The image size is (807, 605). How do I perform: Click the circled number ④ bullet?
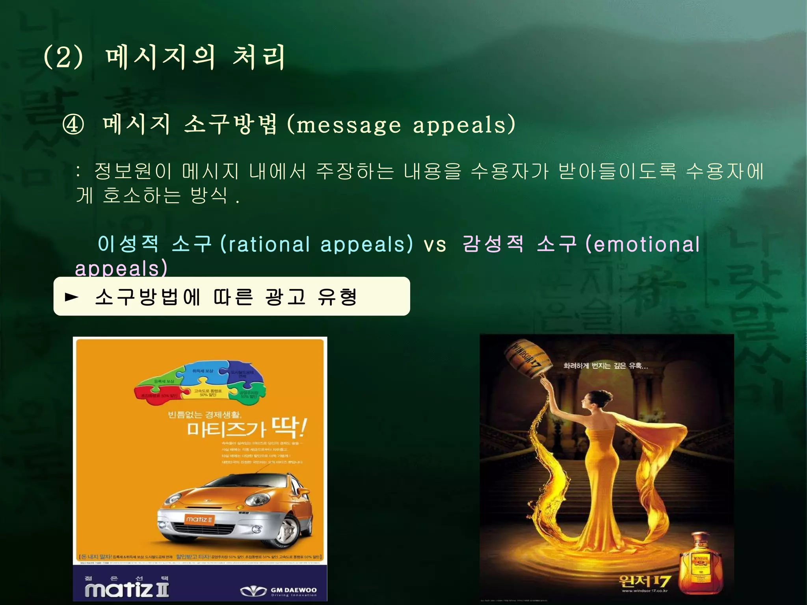click(x=73, y=125)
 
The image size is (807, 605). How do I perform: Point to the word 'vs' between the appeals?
click(x=435, y=245)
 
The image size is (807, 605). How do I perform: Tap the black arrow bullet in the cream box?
click(x=71, y=297)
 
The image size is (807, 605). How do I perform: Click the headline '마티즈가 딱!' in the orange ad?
click(x=246, y=428)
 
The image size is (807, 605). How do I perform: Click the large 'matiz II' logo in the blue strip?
click(x=127, y=590)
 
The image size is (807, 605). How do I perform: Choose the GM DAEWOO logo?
click(x=279, y=591)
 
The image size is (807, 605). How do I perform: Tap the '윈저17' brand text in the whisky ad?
click(x=644, y=580)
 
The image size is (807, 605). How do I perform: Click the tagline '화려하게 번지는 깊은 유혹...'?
click(x=605, y=366)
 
